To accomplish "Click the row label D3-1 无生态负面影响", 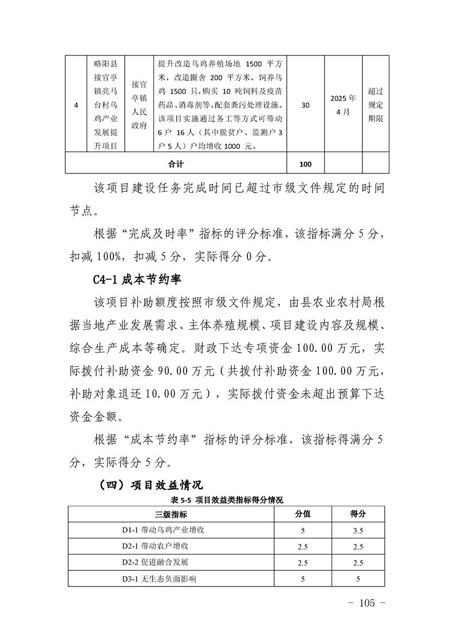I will tap(159, 579).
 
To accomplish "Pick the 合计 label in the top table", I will tap(176, 164).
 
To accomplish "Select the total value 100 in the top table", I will tap(305, 164).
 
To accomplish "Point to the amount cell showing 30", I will tap(305, 105).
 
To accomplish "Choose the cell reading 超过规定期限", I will tap(376, 105).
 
